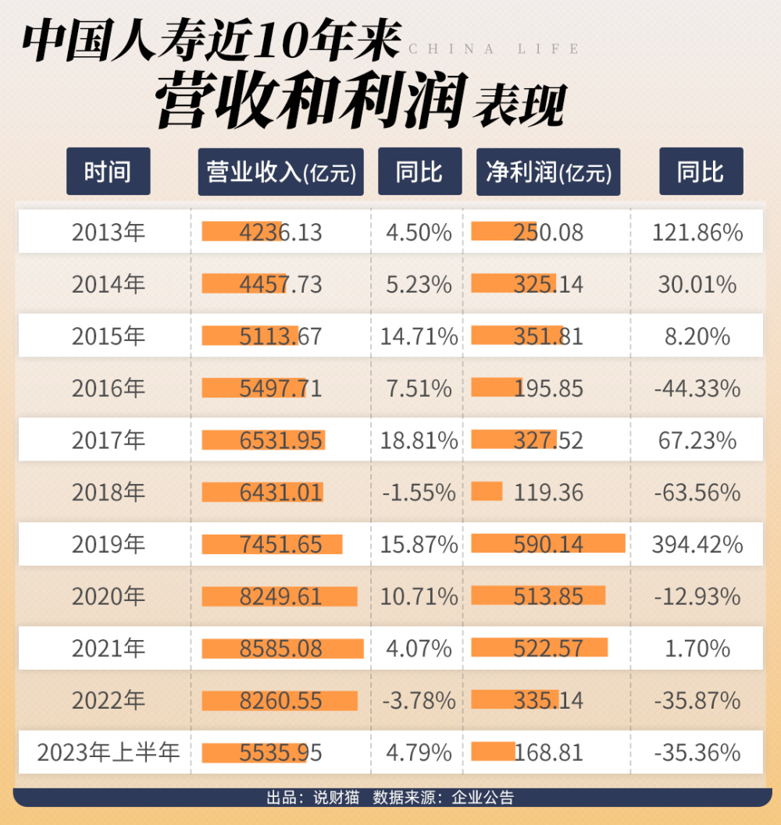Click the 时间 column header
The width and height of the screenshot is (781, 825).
coord(108,172)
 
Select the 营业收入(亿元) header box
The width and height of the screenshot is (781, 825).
coord(280,172)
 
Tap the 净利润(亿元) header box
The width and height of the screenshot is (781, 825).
coord(548,172)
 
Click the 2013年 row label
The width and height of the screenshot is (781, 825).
coord(109,232)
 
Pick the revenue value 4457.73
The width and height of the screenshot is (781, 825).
coord(280,284)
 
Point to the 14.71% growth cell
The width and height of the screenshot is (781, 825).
coord(419,336)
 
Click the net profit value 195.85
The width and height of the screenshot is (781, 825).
coord(548,388)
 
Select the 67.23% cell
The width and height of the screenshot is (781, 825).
coord(697,440)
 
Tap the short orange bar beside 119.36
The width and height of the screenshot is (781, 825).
coord(487,492)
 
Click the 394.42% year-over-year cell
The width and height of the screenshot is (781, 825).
coord(697,545)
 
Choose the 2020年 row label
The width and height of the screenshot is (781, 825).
coord(109,596)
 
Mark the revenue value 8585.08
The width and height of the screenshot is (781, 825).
coord(280,649)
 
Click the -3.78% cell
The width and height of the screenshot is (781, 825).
coord(419,701)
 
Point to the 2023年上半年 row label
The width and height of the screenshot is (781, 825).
coord(109,752)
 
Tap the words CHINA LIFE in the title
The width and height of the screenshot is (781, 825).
coord(494,49)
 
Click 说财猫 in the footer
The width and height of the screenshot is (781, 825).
coord(336,798)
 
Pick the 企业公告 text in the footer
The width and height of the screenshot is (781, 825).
coord(483,798)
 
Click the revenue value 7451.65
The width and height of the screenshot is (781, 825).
coord(280,545)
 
